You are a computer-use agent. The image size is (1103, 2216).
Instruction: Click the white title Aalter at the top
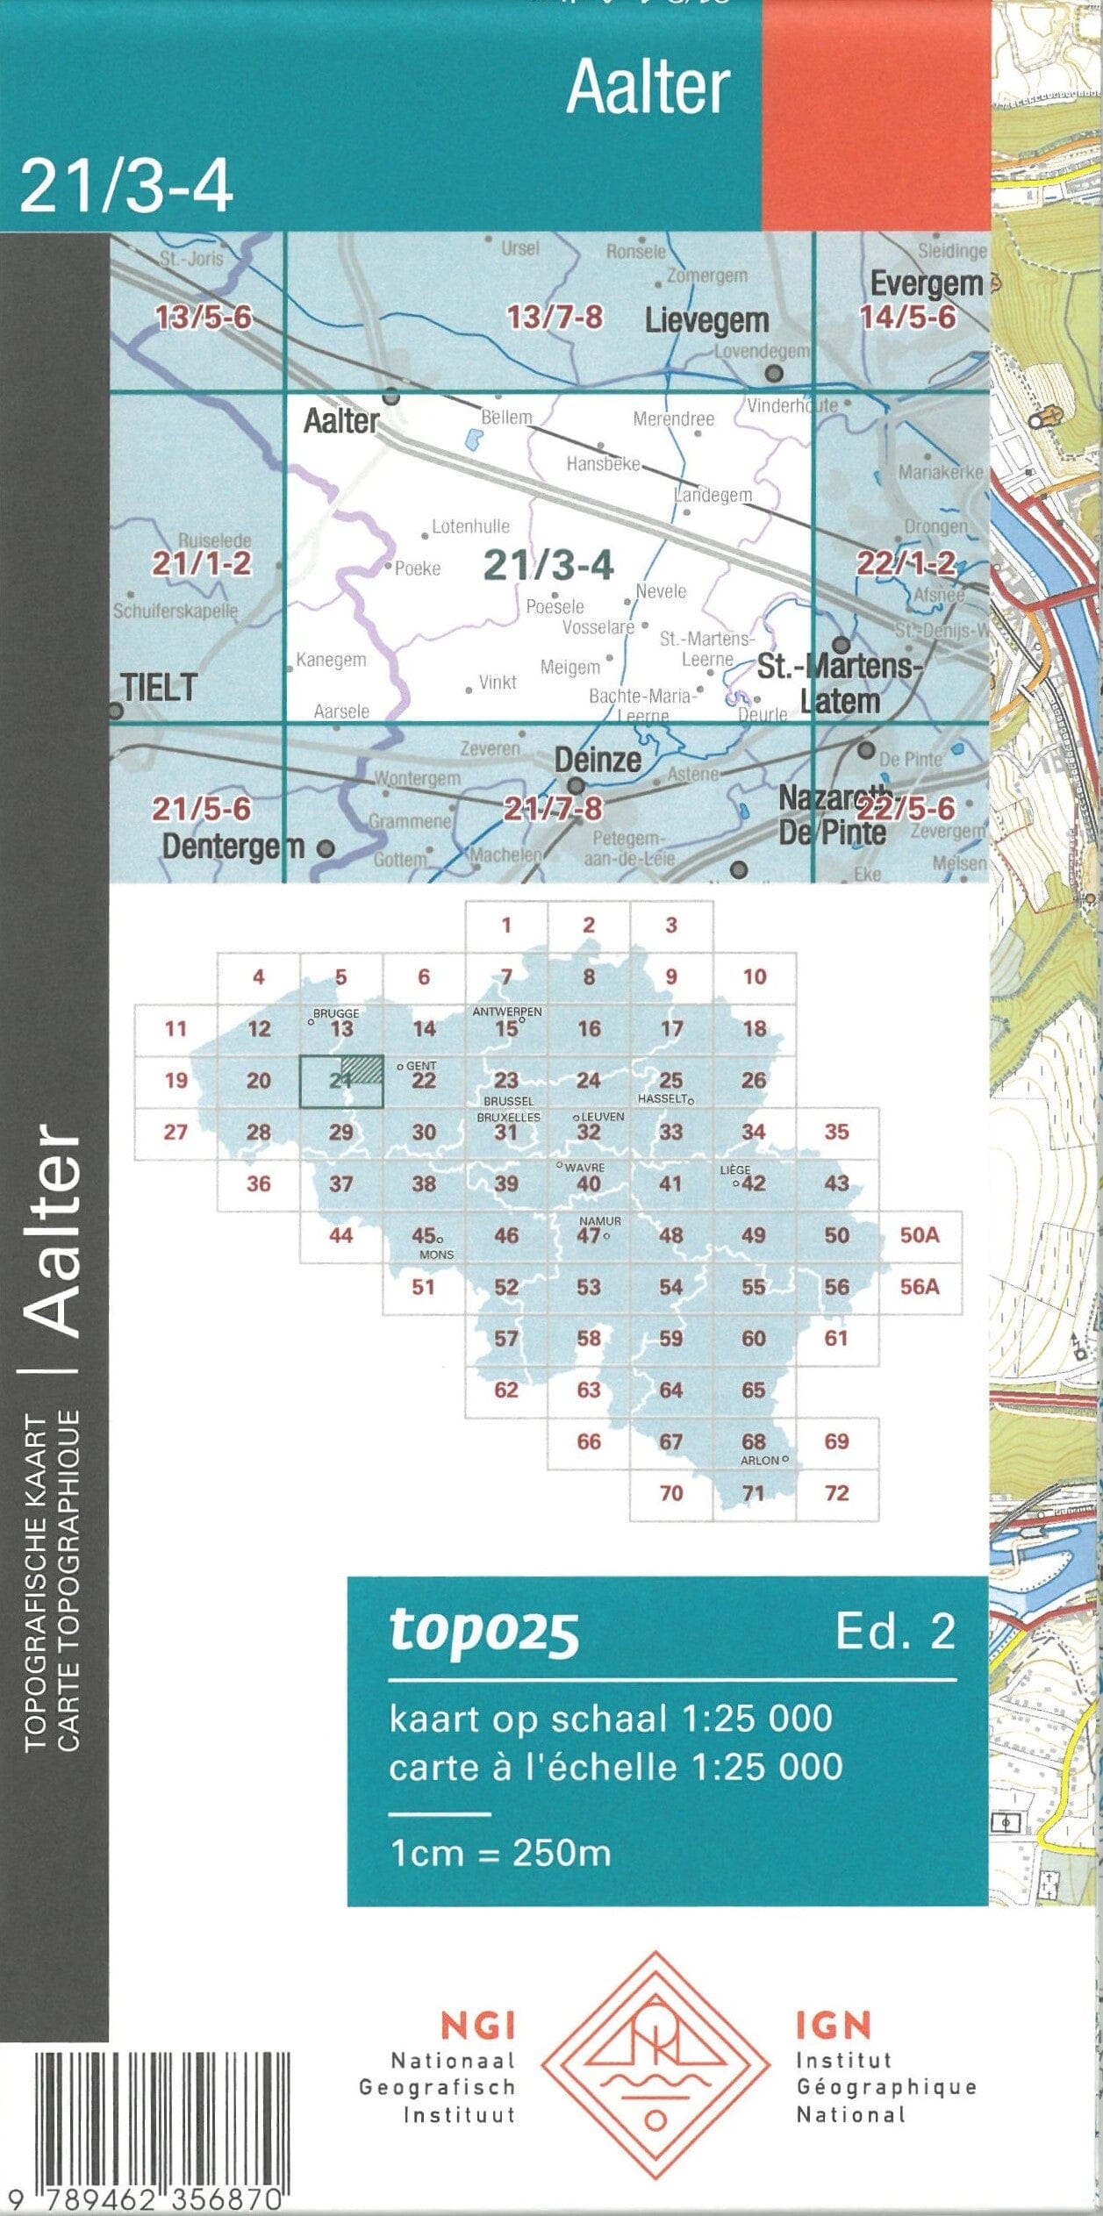648,88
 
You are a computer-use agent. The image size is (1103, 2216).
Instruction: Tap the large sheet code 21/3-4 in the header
126,186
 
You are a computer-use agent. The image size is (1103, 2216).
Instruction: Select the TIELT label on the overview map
159,687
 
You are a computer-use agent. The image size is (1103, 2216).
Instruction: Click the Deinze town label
598,760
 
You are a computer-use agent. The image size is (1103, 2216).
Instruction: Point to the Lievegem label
706,321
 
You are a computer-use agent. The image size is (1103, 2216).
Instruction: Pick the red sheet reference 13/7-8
555,317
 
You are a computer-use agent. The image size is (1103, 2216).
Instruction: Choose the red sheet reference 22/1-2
906,563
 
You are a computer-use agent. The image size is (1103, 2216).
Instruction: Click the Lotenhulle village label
470,526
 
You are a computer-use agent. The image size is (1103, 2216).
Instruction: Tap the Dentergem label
233,847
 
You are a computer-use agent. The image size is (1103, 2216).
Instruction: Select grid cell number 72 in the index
836,1492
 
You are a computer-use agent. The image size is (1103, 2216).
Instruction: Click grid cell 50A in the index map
919,1235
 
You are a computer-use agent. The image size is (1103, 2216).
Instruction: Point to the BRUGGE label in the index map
336,1013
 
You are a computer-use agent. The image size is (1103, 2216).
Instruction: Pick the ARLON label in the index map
760,1461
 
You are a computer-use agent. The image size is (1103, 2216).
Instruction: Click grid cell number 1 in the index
506,925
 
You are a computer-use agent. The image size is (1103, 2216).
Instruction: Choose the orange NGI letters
477,2026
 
